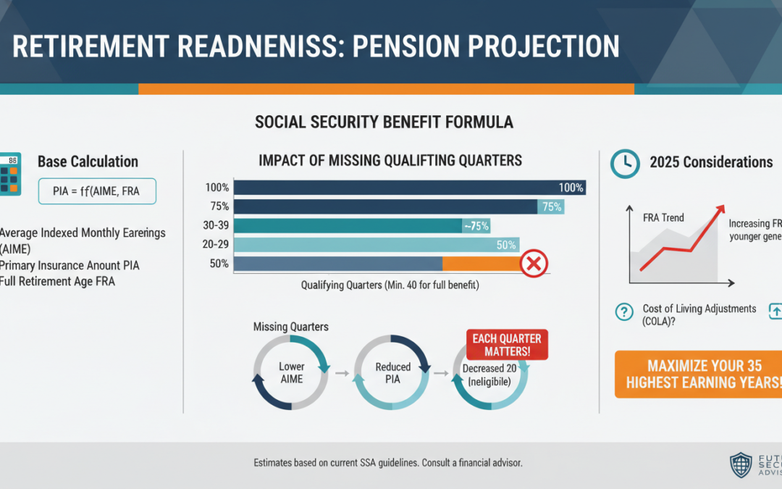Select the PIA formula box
pyautogui.click(x=96, y=191)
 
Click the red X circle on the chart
pyautogui.click(x=534, y=264)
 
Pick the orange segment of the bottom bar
pyautogui.click(x=482, y=264)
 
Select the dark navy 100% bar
pyautogui.click(x=410, y=188)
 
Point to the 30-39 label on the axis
pyautogui.click(x=216, y=225)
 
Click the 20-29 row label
pyautogui.click(x=216, y=245)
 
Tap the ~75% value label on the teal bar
pyautogui.click(x=476, y=226)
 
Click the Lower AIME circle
pyautogui.click(x=291, y=373)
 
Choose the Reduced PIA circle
pyautogui.click(x=393, y=373)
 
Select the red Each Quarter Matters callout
pyautogui.click(x=507, y=344)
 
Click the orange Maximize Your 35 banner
pyautogui.click(x=698, y=374)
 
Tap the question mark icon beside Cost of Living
pyautogui.click(x=623, y=312)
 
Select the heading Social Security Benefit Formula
pyautogui.click(x=384, y=122)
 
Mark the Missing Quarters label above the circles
pyautogui.click(x=290, y=327)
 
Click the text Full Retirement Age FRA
pyautogui.click(x=58, y=281)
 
